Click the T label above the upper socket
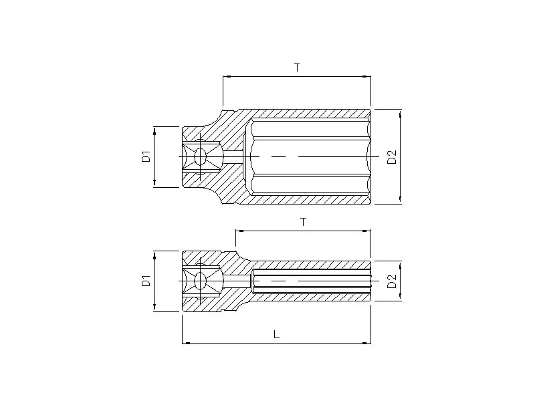coord(297,68)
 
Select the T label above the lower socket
coord(303,222)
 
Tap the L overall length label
coord(276,334)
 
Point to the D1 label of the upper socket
coord(145,157)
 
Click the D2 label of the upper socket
coord(393,157)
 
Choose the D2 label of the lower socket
coord(393,281)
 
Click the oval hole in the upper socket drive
coord(201,157)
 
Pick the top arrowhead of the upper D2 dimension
coord(401,113)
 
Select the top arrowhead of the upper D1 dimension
coord(154,130)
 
